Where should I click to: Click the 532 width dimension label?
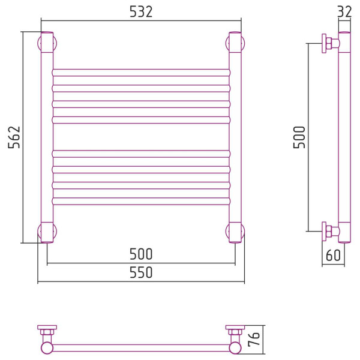click(141, 12)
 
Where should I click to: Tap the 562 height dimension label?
click(14, 137)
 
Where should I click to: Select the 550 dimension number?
click(141, 272)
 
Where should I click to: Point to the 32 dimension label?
click(344, 11)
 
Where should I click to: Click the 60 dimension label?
click(333, 255)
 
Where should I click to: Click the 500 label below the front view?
click(141, 254)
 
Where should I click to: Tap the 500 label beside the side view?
click(299, 137)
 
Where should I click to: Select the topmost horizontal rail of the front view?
click(141, 73)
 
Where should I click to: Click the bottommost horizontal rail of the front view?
click(141, 201)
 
